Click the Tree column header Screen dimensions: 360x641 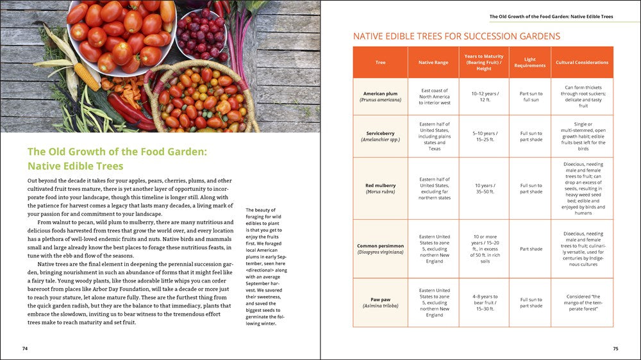(x=380, y=62)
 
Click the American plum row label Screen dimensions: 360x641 (x=380, y=97)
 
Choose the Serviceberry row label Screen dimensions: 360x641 (x=380, y=136)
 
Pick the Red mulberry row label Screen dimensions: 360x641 (x=380, y=188)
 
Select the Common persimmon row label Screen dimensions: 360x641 (x=380, y=249)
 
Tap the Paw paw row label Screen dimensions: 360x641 (x=380, y=302)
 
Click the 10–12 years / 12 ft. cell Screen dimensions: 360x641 (x=484, y=97)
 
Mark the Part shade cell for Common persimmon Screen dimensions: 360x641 (x=531, y=249)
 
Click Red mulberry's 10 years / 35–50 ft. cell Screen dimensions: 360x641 (x=484, y=188)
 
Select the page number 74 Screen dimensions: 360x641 (x=25, y=349)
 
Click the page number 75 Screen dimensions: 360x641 (x=615, y=349)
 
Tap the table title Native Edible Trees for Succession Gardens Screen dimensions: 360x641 (x=456, y=37)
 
